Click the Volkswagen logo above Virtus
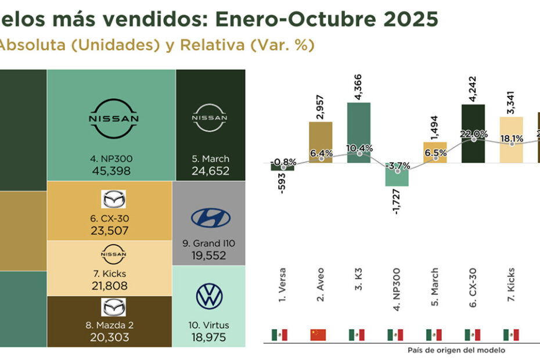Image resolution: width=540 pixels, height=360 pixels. (x=209, y=297)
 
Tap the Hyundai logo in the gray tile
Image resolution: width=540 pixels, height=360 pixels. (x=211, y=218)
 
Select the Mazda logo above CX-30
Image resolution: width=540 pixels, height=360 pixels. (x=113, y=200)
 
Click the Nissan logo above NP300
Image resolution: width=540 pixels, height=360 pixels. (x=113, y=118)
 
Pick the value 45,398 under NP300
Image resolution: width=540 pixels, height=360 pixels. (x=110, y=171)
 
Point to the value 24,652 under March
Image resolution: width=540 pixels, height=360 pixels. (x=211, y=171)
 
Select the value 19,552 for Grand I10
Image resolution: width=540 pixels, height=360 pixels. (x=211, y=255)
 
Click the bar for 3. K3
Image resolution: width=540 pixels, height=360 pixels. (x=359, y=133)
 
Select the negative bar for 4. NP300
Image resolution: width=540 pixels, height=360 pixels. (x=397, y=175)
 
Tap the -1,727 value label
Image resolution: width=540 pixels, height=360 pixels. (x=397, y=203)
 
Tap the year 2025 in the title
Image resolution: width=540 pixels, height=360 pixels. (x=409, y=19)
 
